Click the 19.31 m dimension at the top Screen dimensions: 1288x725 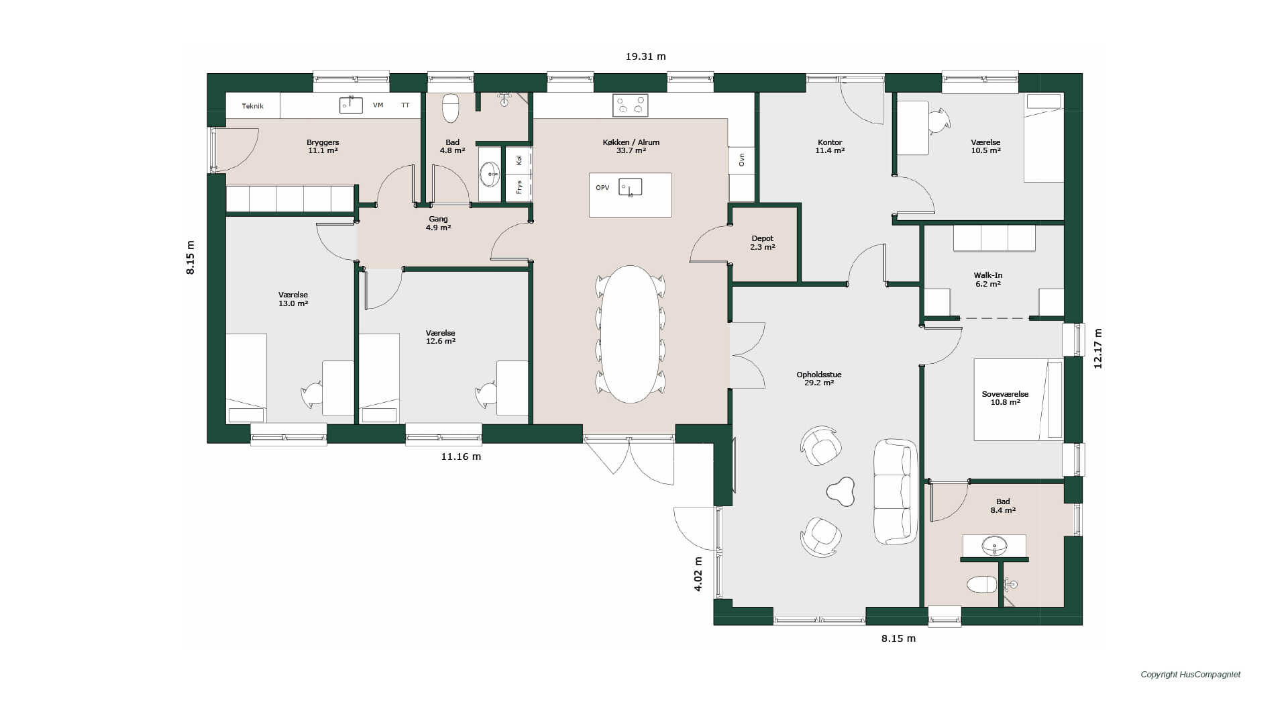645,56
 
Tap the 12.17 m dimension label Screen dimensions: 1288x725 1097,348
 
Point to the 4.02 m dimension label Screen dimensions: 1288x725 698,574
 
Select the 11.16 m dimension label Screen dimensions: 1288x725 461,456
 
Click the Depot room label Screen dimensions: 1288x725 763,238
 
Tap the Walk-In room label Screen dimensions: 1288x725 988,275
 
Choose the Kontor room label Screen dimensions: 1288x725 830,142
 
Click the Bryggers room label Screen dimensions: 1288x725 323,142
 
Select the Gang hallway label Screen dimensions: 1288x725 438,220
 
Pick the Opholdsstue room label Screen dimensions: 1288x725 819,375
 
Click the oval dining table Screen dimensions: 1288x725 630,334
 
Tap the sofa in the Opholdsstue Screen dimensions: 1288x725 896,491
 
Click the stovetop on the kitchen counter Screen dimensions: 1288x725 631,105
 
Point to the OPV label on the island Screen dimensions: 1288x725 602,188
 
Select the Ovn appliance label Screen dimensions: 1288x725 741,160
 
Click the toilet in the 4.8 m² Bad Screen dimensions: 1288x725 451,107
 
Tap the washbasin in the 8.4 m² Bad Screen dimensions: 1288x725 994,545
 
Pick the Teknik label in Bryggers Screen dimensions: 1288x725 253,106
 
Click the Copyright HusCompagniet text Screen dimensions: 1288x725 1191,675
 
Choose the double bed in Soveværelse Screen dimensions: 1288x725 1018,399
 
